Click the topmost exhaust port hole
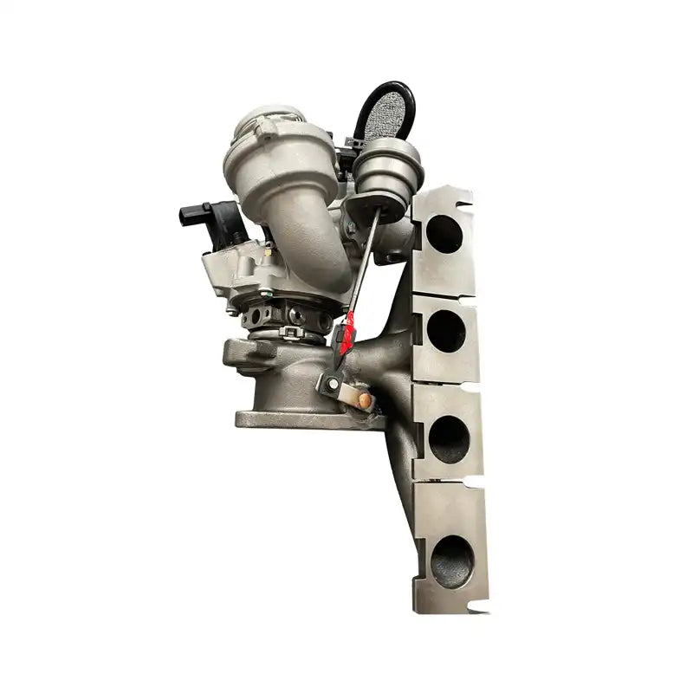coord(444,234)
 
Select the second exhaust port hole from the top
coord(446,330)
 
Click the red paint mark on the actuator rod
coord(346,334)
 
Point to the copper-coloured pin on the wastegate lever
coord(365,400)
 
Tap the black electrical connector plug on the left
coord(195,215)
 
